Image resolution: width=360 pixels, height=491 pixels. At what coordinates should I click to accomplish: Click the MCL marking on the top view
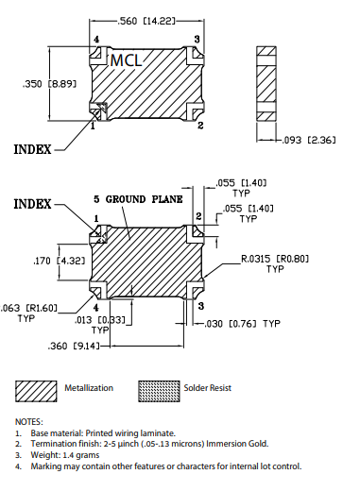click(126, 59)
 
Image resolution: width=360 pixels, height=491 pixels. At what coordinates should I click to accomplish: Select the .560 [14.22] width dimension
click(146, 21)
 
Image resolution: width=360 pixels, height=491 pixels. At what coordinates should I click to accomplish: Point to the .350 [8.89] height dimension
click(49, 84)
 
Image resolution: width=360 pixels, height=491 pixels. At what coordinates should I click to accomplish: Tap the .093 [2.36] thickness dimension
click(309, 140)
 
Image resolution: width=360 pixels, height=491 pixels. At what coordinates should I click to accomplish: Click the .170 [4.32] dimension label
click(60, 261)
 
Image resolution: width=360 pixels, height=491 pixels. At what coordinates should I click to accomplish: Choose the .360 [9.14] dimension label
click(74, 347)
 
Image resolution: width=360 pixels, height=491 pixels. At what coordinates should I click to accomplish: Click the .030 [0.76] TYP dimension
click(242, 324)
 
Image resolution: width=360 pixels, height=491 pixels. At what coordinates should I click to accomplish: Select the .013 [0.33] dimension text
click(100, 320)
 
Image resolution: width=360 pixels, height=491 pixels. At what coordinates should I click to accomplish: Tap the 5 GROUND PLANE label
click(138, 199)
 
